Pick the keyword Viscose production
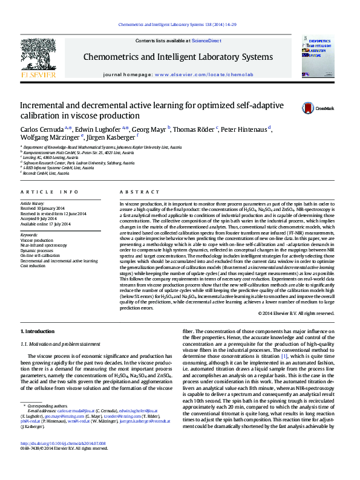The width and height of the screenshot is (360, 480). coord(36,239)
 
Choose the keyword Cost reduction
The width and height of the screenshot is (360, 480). coord(33,265)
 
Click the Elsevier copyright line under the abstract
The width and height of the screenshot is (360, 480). coord(296,313)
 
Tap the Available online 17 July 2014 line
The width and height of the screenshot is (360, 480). coord(46,224)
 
